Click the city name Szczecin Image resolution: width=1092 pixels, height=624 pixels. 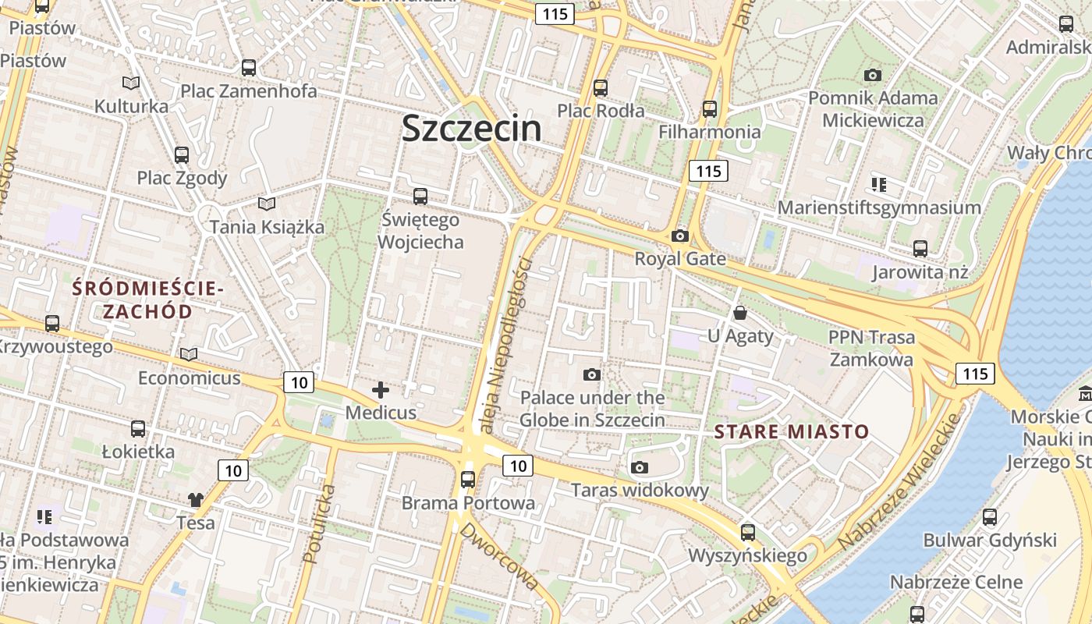click(471, 129)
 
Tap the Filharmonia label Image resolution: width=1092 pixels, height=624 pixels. click(709, 132)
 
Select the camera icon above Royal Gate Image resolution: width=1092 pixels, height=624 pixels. click(680, 236)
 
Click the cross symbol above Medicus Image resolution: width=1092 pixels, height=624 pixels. click(381, 389)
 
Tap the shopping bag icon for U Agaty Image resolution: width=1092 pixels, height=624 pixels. click(739, 313)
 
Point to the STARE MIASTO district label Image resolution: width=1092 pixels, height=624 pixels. click(791, 431)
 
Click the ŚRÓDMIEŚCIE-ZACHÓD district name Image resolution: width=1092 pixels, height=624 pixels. click(147, 300)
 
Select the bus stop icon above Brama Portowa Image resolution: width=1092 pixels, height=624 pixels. click(468, 479)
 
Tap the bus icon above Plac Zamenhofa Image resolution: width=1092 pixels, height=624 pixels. click(249, 68)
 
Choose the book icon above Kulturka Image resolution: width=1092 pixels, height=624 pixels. click(131, 83)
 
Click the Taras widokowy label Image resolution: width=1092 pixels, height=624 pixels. click(640, 491)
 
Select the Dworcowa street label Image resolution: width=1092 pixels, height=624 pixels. click(499, 556)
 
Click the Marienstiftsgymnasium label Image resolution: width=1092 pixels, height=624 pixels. click(879, 208)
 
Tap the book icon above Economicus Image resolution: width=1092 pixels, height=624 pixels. click(189, 355)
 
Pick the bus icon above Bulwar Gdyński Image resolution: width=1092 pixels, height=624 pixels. click(989, 516)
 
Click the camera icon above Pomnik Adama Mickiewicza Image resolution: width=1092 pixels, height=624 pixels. click(873, 76)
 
